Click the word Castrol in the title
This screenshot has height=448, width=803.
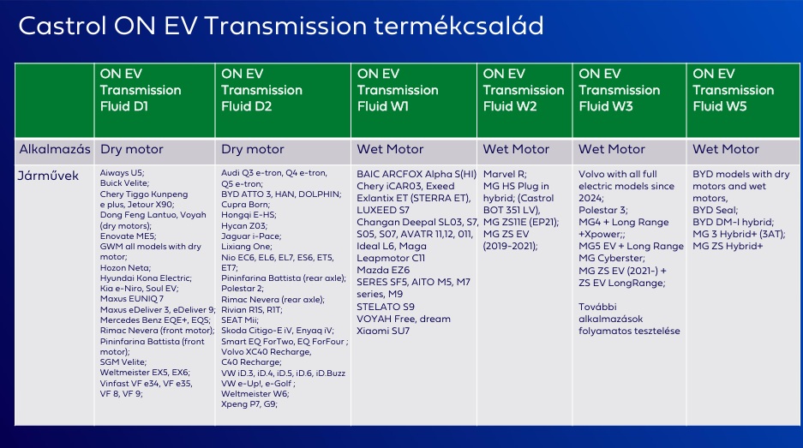click(62, 26)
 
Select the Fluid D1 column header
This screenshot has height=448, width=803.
click(141, 90)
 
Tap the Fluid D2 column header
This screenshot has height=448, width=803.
click(261, 90)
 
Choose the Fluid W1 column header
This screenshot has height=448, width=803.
click(398, 90)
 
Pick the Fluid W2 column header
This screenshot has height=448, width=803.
click(524, 90)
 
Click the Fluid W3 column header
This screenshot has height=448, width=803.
click(619, 90)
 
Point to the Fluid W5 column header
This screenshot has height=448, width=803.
click(734, 90)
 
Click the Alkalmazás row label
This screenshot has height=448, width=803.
click(55, 150)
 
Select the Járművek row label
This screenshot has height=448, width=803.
click(48, 176)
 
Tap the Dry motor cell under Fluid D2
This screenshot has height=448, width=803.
click(253, 150)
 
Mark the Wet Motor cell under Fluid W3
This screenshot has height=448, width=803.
click(612, 150)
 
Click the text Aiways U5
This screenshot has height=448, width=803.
click(122, 173)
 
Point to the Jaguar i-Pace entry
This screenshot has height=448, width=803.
click(251, 236)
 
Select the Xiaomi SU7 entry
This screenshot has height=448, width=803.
click(383, 331)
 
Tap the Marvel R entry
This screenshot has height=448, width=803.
click(505, 174)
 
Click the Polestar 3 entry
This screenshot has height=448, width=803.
click(602, 210)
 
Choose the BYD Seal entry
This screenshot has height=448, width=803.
click(715, 210)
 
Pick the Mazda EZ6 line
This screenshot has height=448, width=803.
click(383, 270)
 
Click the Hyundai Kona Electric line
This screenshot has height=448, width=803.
click(146, 278)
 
